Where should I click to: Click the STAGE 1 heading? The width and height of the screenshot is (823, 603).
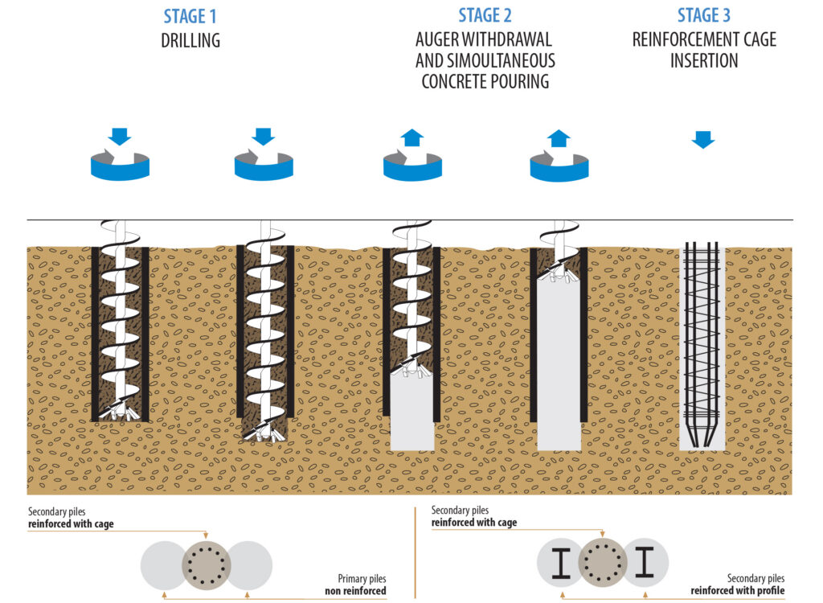190,16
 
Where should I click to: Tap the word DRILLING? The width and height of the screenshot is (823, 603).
190,39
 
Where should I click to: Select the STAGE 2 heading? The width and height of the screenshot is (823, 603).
485,15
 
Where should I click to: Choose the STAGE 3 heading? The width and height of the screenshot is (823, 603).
704,15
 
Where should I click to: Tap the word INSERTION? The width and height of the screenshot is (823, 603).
704,60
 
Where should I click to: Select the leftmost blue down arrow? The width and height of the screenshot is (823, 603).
120,136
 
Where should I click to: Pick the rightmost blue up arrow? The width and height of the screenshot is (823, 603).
559,137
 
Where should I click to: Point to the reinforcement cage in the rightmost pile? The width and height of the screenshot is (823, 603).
702,338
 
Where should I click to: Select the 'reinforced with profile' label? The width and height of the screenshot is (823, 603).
738,591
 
